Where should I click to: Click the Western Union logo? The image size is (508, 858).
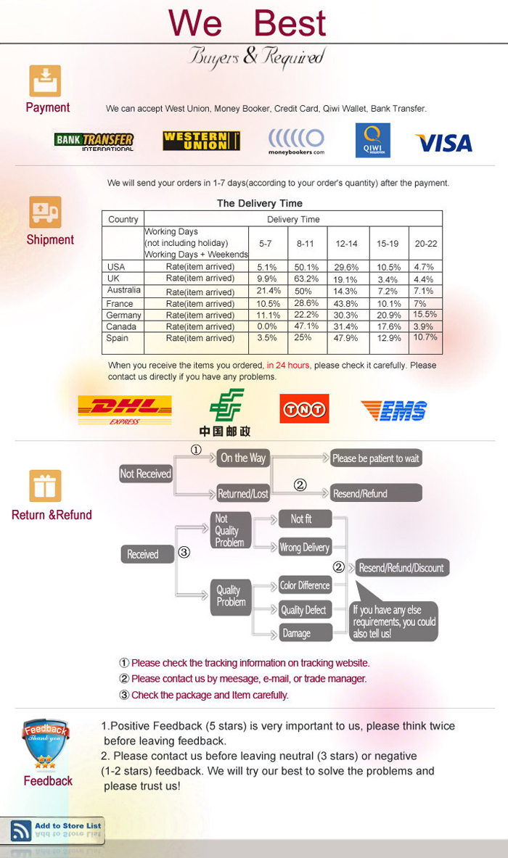(201, 141)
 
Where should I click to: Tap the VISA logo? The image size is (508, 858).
(443, 143)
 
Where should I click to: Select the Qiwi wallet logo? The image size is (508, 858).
(372, 141)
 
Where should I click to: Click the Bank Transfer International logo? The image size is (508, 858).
(94, 141)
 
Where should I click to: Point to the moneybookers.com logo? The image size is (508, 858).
(296, 141)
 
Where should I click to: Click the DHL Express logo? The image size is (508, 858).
(125, 410)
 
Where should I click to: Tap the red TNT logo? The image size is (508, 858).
(304, 408)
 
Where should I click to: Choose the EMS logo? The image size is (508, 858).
(394, 411)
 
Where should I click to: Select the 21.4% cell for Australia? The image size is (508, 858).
(269, 291)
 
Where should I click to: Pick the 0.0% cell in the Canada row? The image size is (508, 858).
(269, 327)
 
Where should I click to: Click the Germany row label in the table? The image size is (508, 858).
(123, 315)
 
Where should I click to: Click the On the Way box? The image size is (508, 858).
(243, 458)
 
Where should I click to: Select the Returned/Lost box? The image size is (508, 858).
(243, 494)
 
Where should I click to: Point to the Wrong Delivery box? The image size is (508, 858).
(305, 548)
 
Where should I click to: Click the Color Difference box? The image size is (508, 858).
(305, 585)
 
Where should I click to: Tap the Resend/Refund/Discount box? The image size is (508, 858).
(401, 568)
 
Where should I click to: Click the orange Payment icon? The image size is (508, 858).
(45, 81)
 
